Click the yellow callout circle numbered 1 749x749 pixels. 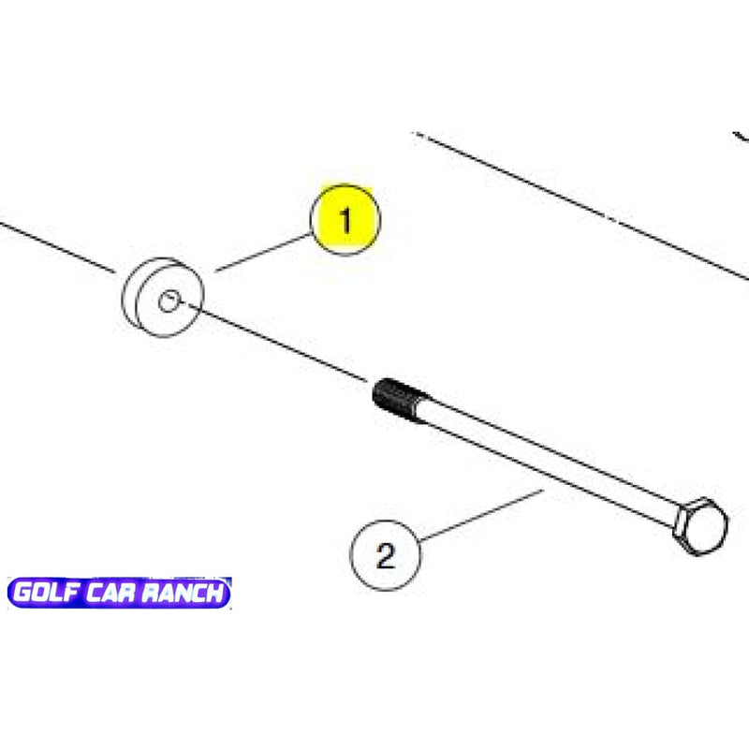pyautogui.click(x=345, y=220)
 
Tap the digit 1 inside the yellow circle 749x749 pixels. pyautogui.click(x=345, y=221)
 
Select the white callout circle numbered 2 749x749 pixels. pyautogui.click(x=386, y=556)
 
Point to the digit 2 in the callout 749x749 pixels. pyautogui.click(x=386, y=557)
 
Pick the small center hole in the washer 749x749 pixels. pyautogui.click(x=169, y=301)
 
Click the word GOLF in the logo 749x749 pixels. pyautogui.click(x=47, y=594)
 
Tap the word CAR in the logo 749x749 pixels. pyautogui.click(x=113, y=594)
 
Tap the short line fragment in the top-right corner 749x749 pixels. pyautogui.click(x=741, y=136)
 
